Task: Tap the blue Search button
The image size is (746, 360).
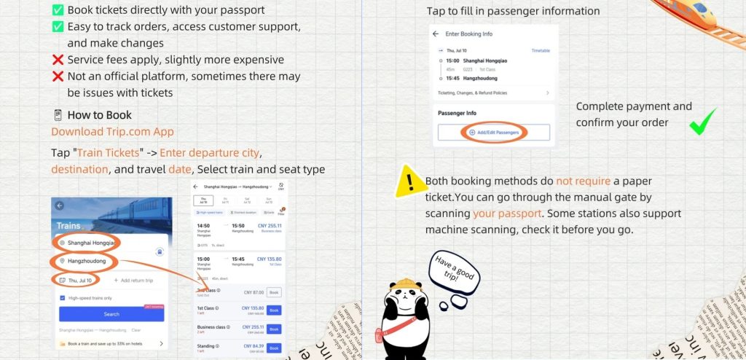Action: (x=111, y=314)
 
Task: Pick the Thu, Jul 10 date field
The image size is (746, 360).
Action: (x=76, y=280)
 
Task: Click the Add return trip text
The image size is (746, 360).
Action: (x=133, y=281)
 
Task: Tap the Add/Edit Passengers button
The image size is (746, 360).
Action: (x=494, y=132)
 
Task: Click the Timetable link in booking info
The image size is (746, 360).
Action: (x=540, y=51)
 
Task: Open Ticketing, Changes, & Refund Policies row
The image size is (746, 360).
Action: (x=492, y=93)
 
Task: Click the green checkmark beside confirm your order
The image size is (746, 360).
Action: (x=703, y=122)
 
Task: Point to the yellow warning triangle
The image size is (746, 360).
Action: (x=410, y=181)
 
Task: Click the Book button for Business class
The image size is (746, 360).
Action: (x=273, y=329)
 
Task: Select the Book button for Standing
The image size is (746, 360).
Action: (x=273, y=348)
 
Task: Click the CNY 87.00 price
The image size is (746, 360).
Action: (x=253, y=292)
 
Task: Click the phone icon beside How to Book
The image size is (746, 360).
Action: (x=58, y=115)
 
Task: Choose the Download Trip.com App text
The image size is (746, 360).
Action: (x=112, y=132)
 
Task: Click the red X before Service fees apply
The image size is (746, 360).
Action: (x=58, y=60)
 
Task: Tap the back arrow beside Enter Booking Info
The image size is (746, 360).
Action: (x=436, y=34)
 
